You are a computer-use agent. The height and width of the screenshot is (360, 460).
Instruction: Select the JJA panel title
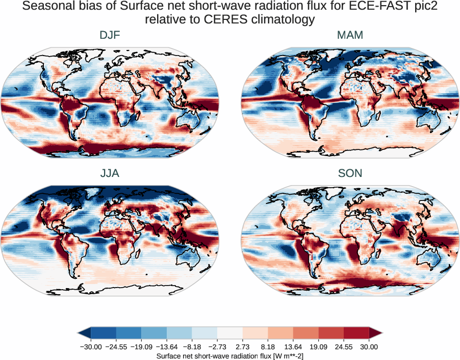point(110,173)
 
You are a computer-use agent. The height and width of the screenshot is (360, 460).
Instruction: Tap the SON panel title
point(350,173)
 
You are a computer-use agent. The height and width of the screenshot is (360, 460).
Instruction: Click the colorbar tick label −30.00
point(92,347)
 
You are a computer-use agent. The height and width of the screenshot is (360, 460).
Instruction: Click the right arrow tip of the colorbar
point(381,333)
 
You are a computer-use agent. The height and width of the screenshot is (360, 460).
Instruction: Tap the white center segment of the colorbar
point(230,333)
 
